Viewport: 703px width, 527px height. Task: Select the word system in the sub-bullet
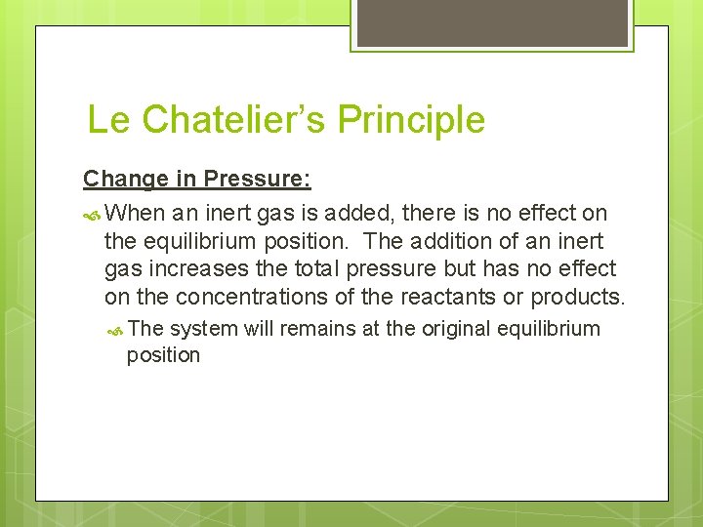click(x=203, y=329)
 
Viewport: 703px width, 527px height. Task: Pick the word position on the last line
click(x=163, y=355)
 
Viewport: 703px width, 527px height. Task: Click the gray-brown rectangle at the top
click(x=491, y=22)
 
